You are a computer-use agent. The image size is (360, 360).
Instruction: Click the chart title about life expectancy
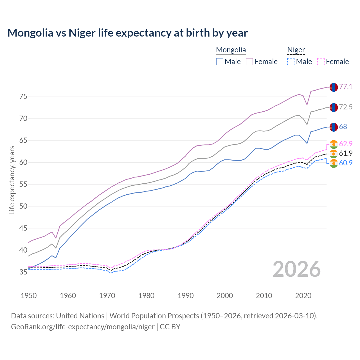[x=127, y=33]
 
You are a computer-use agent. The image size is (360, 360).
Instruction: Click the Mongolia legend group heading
[x=231, y=50]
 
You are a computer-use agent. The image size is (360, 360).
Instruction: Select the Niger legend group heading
[x=296, y=50]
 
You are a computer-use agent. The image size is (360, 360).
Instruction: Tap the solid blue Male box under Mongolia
[x=220, y=62]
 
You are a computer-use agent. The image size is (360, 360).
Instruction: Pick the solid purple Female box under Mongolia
[x=250, y=62]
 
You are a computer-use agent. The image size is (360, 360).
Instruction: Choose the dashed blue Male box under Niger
[x=291, y=62]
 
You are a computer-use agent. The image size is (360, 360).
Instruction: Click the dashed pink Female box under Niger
[x=321, y=62]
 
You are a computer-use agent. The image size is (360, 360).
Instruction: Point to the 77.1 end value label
[x=346, y=87]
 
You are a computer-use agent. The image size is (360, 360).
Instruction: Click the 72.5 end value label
[x=346, y=107]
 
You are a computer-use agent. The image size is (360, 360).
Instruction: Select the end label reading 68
[x=343, y=127]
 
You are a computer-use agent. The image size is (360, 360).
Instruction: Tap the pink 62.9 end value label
[x=346, y=144]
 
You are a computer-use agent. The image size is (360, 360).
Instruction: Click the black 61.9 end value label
[x=346, y=153]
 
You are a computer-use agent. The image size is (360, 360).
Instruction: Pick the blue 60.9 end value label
[x=346, y=163]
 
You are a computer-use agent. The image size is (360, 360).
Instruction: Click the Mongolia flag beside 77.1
[x=334, y=87]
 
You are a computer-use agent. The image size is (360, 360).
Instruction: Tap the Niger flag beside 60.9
[x=334, y=163]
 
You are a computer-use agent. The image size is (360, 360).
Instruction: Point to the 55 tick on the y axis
[x=23, y=184]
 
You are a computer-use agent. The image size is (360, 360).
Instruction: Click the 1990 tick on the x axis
[x=186, y=296]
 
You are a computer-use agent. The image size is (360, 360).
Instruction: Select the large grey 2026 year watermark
[x=296, y=269]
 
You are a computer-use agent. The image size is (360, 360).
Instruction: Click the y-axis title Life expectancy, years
[x=12, y=180]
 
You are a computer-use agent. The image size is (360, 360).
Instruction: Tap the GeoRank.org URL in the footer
[x=83, y=327]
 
